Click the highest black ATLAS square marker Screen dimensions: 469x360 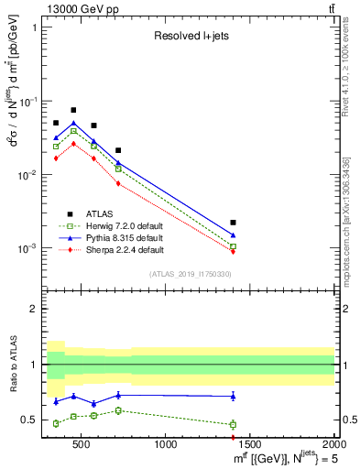tap(73, 110)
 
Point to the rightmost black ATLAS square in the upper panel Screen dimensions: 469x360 tap(234, 223)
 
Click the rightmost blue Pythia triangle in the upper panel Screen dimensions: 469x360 tap(234, 235)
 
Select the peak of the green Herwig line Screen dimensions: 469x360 tap(73, 131)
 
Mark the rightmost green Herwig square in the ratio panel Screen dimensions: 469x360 tap(234, 424)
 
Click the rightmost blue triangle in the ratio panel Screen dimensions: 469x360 tap(234, 396)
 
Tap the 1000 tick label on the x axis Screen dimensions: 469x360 tap(166, 445)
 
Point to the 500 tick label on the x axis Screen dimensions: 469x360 tap(82, 445)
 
